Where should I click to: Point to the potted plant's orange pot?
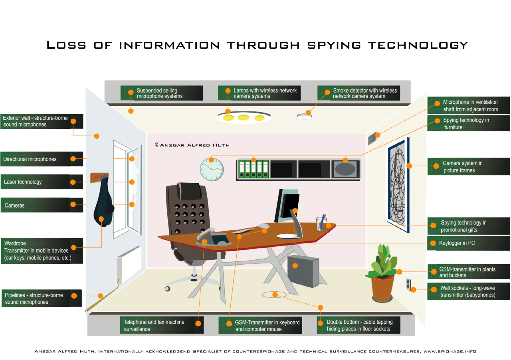click(x=382, y=288)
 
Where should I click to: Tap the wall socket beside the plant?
click(x=408, y=284)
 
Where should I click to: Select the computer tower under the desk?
click(x=303, y=271)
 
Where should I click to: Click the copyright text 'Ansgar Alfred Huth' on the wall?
click(x=192, y=145)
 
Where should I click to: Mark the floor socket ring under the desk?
click(x=274, y=295)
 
